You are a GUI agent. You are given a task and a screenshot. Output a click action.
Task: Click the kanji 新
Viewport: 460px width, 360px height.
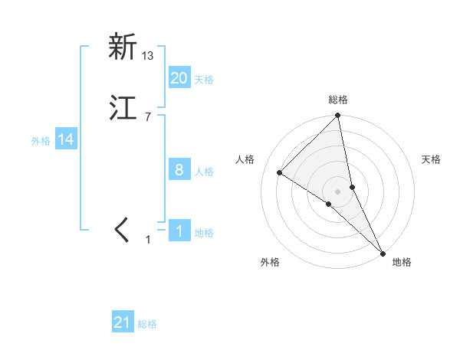coord(122,47)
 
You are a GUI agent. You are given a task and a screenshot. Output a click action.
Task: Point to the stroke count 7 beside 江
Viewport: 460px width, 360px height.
coord(147,116)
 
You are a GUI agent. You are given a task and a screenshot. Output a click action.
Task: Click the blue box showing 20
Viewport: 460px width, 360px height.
coord(179,78)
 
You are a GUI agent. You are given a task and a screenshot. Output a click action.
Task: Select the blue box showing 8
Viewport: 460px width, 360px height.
coord(179,170)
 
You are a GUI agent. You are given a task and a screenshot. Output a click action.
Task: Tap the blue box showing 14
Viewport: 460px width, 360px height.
coord(66,139)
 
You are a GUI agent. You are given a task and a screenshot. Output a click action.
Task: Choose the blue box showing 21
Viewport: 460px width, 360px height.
coord(123,323)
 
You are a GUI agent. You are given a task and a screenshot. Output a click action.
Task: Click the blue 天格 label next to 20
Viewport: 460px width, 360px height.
coord(204,80)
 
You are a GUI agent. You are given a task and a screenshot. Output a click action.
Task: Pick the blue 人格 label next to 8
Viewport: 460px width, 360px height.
coord(204,172)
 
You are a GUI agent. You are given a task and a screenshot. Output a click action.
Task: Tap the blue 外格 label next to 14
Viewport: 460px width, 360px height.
coord(41,141)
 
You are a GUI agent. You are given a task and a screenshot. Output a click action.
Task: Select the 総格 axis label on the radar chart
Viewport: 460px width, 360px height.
coord(338,100)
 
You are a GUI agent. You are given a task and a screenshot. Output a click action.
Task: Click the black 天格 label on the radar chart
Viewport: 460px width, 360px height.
coord(432,159)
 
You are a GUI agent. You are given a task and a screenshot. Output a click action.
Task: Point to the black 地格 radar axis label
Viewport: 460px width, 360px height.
coord(402,262)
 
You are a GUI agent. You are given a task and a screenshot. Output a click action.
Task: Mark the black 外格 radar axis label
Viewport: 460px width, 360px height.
coord(270,262)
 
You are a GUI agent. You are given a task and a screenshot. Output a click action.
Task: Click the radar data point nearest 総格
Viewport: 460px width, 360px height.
coord(338,116)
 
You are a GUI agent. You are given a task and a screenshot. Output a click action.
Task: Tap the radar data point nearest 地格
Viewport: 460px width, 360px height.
coord(383,252)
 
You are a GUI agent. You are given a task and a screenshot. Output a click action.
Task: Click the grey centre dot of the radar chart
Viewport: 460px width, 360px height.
coord(338,191)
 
